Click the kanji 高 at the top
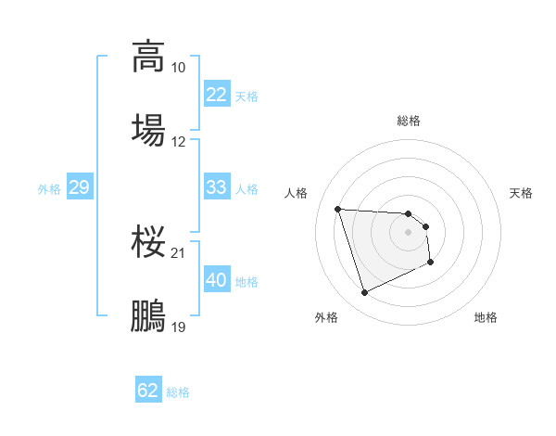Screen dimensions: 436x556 (148, 56)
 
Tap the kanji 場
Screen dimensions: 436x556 (148, 129)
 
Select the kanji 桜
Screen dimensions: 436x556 (148, 242)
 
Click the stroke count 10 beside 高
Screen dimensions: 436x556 (178, 68)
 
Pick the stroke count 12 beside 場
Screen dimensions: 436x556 (178, 142)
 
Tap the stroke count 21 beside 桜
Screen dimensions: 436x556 (178, 253)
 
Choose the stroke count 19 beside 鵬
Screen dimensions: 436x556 (178, 327)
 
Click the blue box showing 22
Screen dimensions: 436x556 (216, 96)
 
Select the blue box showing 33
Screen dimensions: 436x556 (216, 187)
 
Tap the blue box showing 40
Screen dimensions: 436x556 (216, 280)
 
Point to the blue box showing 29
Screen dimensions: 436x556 (79, 188)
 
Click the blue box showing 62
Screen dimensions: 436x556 (148, 391)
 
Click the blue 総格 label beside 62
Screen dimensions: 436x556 (178, 392)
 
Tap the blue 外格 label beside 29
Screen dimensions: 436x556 (49, 189)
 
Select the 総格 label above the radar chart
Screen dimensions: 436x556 (409, 121)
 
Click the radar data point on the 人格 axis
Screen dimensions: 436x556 (337, 209)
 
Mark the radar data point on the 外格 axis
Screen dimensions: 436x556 (364, 293)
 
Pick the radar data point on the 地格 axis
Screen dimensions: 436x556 (431, 263)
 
